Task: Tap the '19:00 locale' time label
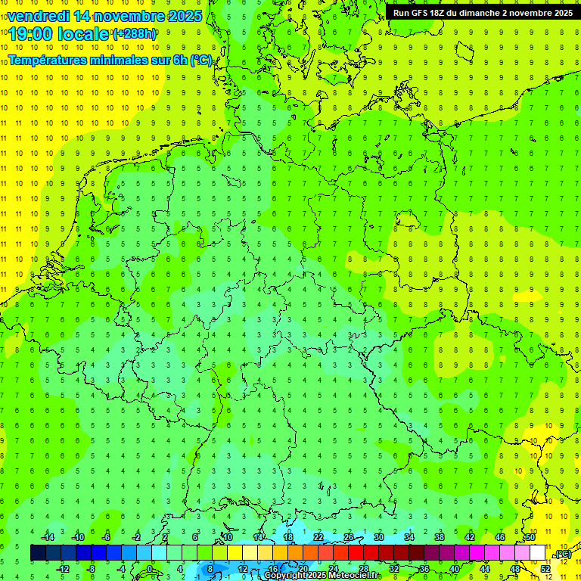[59, 34]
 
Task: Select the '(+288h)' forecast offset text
[135, 34]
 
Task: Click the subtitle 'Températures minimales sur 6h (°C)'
[110, 60]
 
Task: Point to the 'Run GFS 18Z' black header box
[482, 12]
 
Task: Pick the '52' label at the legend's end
[545, 568]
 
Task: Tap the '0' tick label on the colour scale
[150, 568]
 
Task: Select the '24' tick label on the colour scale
[333, 568]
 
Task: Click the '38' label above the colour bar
[440, 536]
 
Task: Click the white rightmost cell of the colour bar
[537, 553]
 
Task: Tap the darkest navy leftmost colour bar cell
[38, 553]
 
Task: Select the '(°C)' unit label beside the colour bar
[562, 554]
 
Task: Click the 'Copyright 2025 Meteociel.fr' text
[322, 575]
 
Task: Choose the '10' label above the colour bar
[227, 536]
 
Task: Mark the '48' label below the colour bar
[515, 568]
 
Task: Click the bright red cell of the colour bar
[356, 553]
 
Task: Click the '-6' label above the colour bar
[107, 536]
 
